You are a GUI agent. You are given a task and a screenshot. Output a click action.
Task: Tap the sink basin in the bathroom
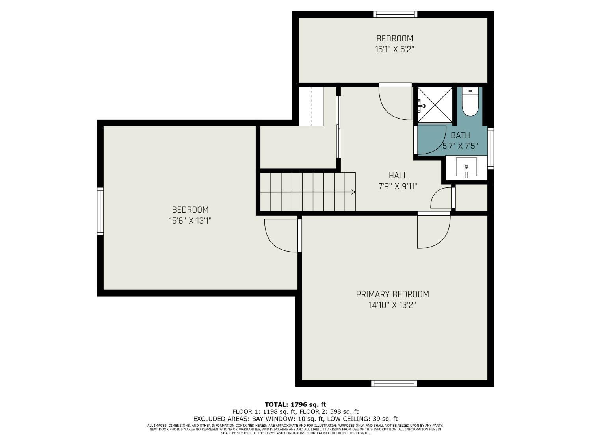click(466, 167)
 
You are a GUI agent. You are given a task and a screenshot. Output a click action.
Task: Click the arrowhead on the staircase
click(353, 192)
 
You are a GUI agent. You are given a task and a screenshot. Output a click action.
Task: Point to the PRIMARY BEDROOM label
click(392, 294)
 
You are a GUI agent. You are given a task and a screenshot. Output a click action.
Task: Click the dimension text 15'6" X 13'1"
click(190, 221)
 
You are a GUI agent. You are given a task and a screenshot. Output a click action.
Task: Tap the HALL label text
click(398, 176)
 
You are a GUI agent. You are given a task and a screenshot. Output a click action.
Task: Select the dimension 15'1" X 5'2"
click(394, 50)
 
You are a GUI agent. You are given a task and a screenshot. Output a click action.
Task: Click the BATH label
click(460, 135)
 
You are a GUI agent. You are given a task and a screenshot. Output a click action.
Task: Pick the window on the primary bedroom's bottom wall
click(394, 384)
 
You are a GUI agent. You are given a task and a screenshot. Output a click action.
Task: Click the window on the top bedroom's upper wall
click(395, 14)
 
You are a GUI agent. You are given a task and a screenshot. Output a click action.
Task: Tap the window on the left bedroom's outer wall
click(100, 211)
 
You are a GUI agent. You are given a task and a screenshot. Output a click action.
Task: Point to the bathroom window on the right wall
click(491, 148)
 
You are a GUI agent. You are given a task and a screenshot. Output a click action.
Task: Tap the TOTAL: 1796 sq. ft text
click(295, 404)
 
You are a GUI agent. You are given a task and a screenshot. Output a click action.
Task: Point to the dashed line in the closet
click(311, 106)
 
